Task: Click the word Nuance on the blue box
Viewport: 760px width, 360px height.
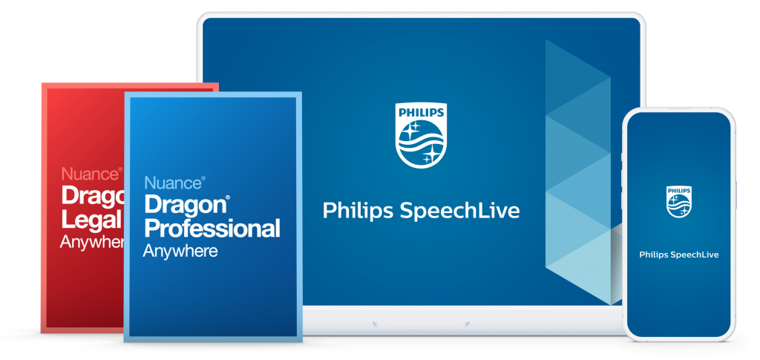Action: click(172, 183)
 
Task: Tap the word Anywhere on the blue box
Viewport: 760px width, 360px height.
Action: click(180, 251)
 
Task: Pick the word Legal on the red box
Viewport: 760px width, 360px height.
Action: click(91, 220)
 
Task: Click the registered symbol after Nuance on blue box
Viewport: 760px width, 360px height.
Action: click(203, 179)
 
